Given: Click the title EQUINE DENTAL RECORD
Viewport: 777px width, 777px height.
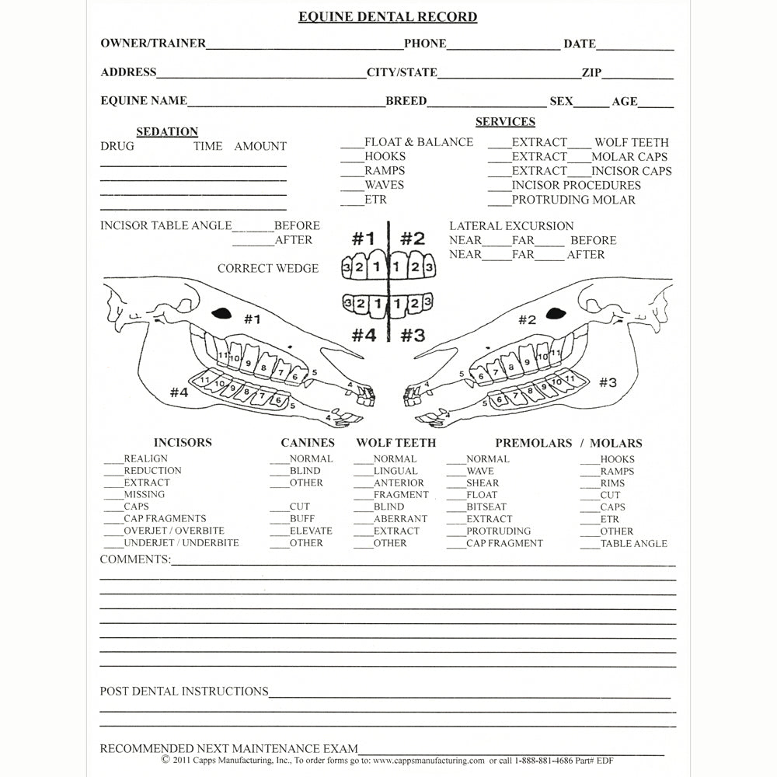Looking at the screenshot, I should pos(388,16).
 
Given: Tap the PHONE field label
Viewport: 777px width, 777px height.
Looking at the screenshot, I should pos(425,44).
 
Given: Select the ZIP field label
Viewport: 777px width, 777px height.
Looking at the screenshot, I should pos(591,72).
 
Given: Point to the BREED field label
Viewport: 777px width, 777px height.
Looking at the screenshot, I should pos(406,101).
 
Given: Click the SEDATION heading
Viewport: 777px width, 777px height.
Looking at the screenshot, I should pos(167,132).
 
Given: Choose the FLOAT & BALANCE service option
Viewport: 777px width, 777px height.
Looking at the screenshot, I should pos(418,142).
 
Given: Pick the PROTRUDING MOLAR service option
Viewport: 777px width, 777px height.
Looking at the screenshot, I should pos(573,200).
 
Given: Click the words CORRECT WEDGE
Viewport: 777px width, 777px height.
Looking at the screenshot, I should pos(268,269).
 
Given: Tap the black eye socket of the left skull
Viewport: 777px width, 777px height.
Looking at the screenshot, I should pos(222,312).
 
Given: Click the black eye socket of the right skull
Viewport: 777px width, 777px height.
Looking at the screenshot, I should pos(555,312).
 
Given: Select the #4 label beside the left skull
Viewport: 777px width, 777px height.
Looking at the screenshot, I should pos(179,392).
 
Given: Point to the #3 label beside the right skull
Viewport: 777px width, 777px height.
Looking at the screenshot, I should pos(608,382).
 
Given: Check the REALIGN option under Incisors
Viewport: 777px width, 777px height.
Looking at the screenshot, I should pos(145,458).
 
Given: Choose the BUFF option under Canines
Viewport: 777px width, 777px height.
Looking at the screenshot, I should pos(302,518).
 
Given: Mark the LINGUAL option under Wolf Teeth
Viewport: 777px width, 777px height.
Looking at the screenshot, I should pos(395,471).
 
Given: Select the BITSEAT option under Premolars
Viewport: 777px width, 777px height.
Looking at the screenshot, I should pos(486,507).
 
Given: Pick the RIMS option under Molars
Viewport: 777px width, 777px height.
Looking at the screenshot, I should pos(612,483).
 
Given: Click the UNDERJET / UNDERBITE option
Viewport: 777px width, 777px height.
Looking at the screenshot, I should pos(181,542).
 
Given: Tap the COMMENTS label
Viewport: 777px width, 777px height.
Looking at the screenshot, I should pos(135,559).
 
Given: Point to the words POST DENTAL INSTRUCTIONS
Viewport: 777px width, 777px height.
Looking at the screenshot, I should pos(184,691).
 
